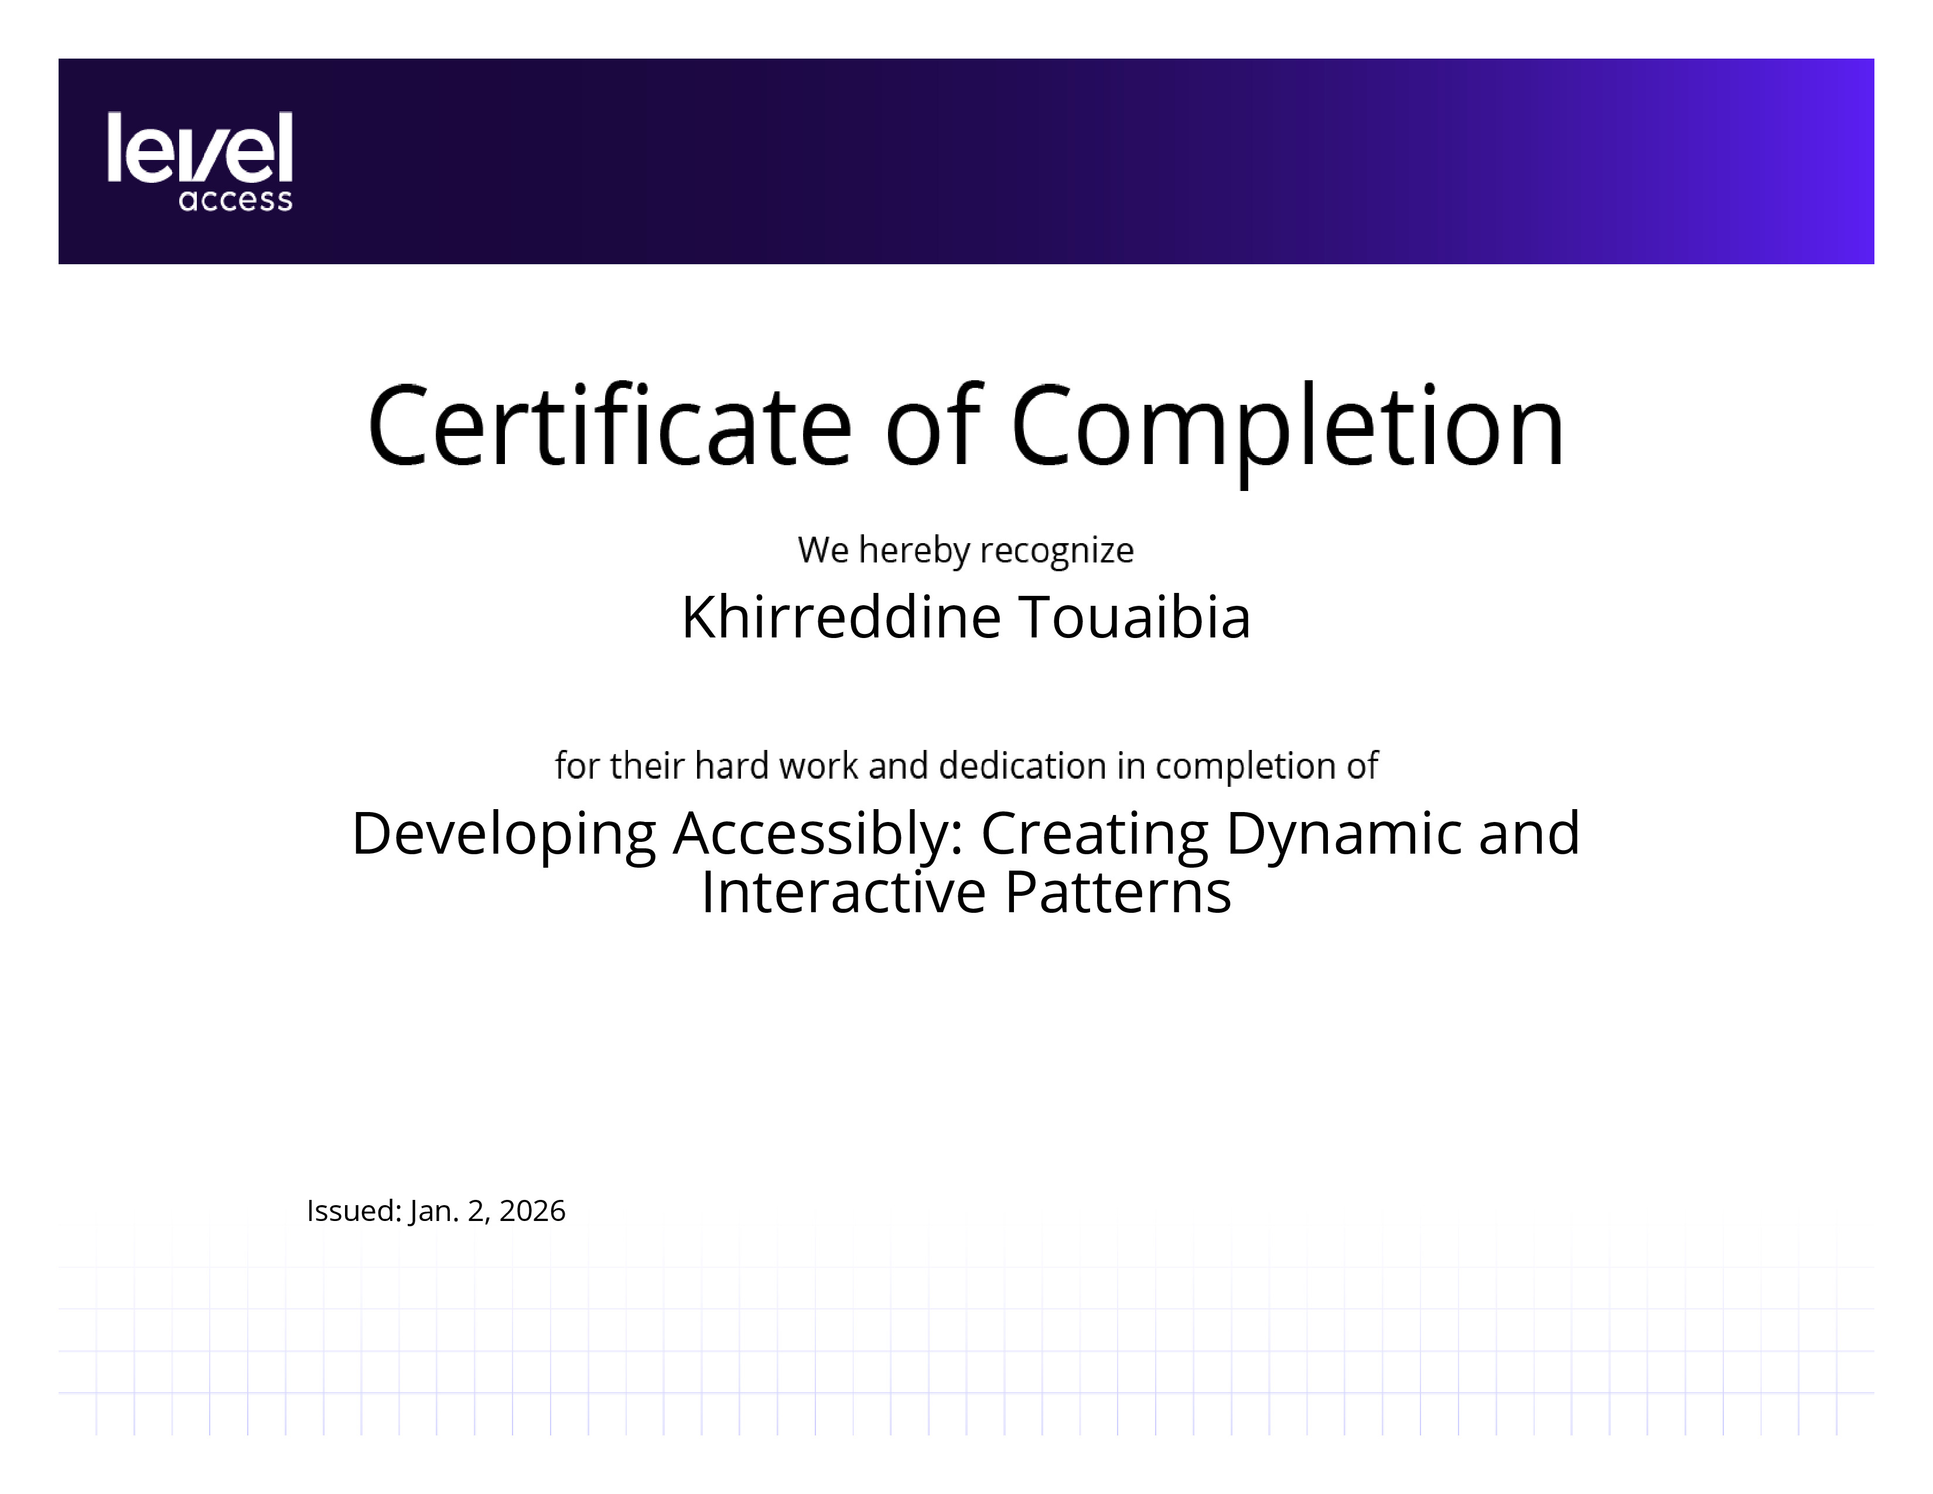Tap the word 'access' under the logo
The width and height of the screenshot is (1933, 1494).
pos(235,200)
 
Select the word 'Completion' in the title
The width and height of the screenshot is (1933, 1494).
pos(1287,434)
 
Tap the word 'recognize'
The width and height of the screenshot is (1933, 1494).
pos(1057,551)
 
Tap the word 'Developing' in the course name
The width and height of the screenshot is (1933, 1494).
pos(504,835)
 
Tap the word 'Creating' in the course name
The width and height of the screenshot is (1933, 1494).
pos(1095,835)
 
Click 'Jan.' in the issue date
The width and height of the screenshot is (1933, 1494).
pos(433,1211)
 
